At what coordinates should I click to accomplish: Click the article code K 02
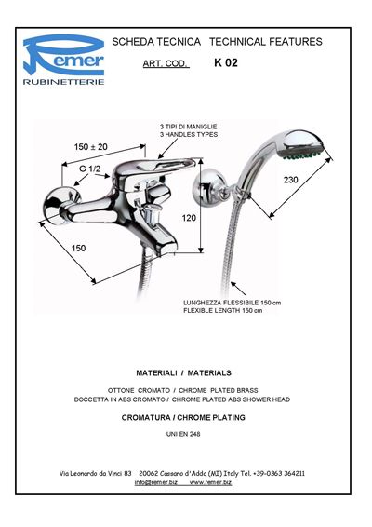pyautogui.click(x=226, y=63)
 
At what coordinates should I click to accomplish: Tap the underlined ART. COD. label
pyautogui.click(x=166, y=64)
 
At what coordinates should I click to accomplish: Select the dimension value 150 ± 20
pyautogui.click(x=90, y=147)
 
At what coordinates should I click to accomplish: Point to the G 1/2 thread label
pyautogui.click(x=89, y=169)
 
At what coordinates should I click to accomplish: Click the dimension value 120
pyautogui.click(x=189, y=218)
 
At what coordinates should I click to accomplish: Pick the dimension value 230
pyautogui.click(x=290, y=180)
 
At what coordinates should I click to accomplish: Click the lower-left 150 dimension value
pyautogui.click(x=78, y=249)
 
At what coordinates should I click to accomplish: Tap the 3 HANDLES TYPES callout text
pyautogui.click(x=189, y=135)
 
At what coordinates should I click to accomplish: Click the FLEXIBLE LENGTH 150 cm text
pyautogui.click(x=223, y=311)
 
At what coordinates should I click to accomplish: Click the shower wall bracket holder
pyautogui.click(x=211, y=189)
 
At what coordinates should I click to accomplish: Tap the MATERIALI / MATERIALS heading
pyautogui.click(x=183, y=373)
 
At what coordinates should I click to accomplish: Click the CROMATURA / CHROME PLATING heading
pyautogui.click(x=183, y=418)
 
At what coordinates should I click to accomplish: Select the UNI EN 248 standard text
pyautogui.click(x=183, y=434)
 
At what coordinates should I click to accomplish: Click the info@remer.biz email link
pyautogui.click(x=156, y=482)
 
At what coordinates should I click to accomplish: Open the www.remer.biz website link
pyautogui.click(x=210, y=482)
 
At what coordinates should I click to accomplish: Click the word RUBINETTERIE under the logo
pyautogui.click(x=63, y=82)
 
